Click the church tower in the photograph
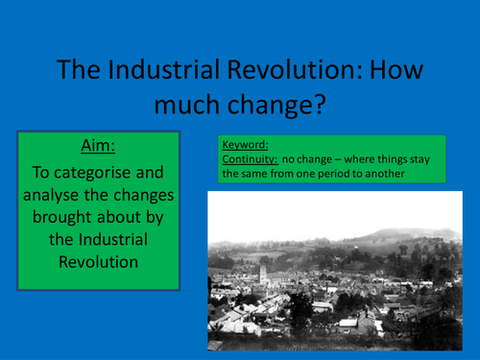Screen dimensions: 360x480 262,276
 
